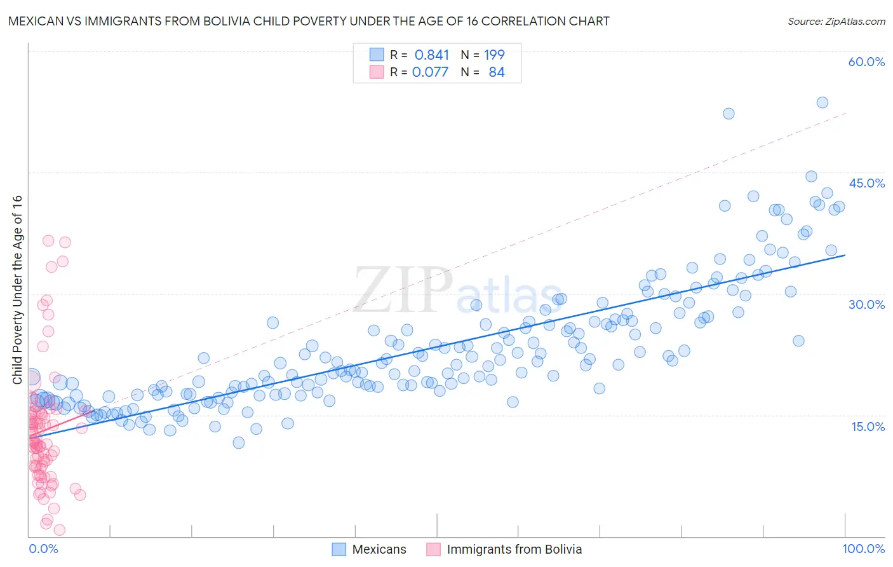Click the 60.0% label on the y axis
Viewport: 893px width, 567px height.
point(866,62)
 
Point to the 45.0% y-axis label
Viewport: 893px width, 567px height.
point(866,183)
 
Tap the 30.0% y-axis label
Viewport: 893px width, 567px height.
point(866,304)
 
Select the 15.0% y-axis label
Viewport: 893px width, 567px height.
point(868,427)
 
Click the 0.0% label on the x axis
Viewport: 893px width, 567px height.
point(43,549)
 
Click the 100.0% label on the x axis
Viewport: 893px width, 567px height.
point(863,549)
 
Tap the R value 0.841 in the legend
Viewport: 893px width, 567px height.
point(431,55)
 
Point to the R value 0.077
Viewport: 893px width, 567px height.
point(430,72)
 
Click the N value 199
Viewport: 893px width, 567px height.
point(494,55)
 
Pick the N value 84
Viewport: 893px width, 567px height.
point(496,72)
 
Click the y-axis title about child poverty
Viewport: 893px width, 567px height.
point(17,289)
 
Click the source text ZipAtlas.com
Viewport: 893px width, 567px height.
point(836,21)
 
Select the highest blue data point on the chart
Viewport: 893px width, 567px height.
point(822,102)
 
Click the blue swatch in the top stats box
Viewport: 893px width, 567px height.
point(377,55)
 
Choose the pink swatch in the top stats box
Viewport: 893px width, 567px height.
point(377,72)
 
